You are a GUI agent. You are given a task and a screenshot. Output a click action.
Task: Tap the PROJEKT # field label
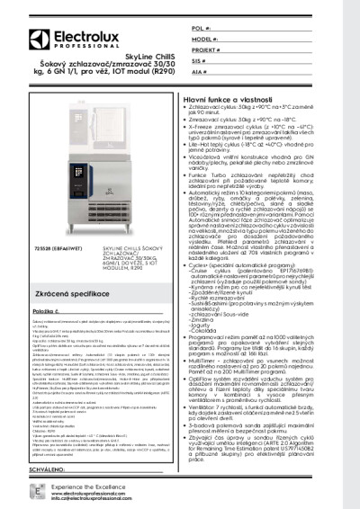click(x=207, y=51)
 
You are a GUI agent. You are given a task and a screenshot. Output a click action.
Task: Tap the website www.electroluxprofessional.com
click(x=80, y=493)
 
